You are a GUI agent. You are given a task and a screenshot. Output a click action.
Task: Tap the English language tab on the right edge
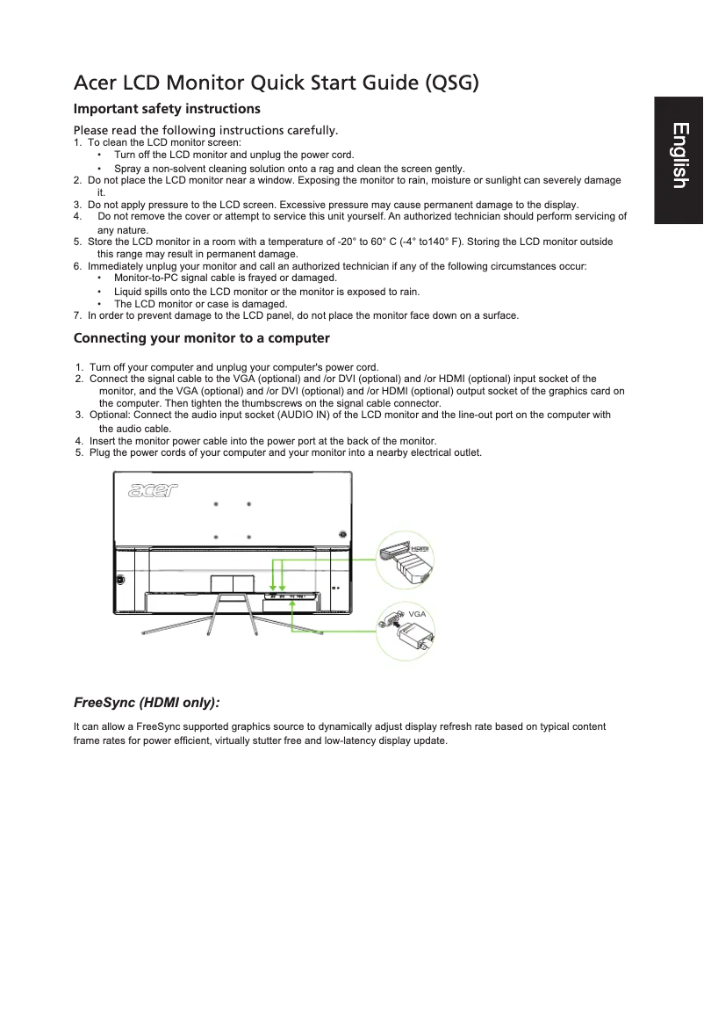(679, 155)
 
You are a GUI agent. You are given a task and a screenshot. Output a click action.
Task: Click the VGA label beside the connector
(417, 612)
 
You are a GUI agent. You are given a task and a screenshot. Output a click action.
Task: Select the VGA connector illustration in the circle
(406, 633)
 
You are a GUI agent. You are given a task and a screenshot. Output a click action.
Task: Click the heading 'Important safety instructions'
(167, 109)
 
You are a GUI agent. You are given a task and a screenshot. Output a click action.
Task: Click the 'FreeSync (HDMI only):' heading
(146, 704)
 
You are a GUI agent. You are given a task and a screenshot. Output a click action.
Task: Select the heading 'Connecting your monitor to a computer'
(202, 338)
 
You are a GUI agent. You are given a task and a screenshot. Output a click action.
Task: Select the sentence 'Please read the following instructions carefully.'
(206, 131)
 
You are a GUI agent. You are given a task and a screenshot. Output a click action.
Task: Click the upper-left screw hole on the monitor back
(216, 504)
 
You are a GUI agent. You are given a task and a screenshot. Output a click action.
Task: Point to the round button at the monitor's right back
(342, 532)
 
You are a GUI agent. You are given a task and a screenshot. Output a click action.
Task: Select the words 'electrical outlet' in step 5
(448, 452)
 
